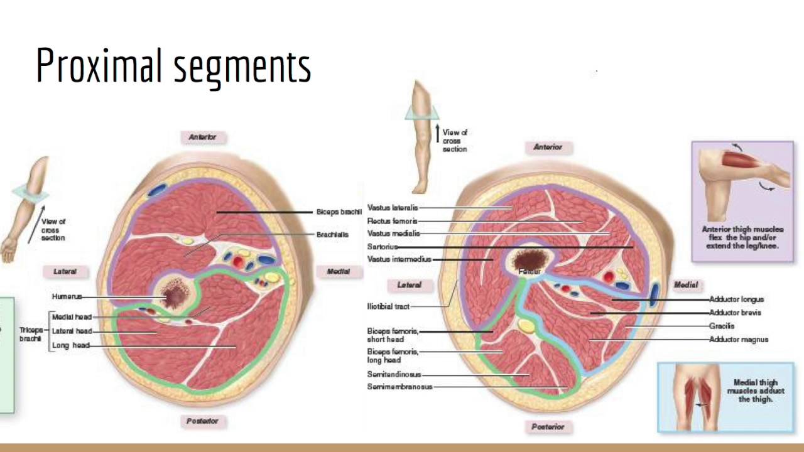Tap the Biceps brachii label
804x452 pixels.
point(339,212)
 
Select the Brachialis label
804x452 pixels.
point(332,234)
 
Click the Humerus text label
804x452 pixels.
point(67,296)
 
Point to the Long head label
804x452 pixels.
point(71,345)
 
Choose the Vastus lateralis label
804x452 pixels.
point(392,208)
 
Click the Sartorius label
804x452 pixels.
point(382,247)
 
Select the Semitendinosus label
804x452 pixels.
point(394,375)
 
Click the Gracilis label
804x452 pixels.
point(722,326)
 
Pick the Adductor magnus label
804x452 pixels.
point(739,340)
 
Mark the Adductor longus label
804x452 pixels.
point(736,299)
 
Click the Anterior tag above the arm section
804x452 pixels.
point(202,137)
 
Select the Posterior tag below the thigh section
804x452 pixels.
point(548,427)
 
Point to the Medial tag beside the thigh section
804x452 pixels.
point(685,284)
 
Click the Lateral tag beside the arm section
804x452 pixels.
point(65,272)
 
